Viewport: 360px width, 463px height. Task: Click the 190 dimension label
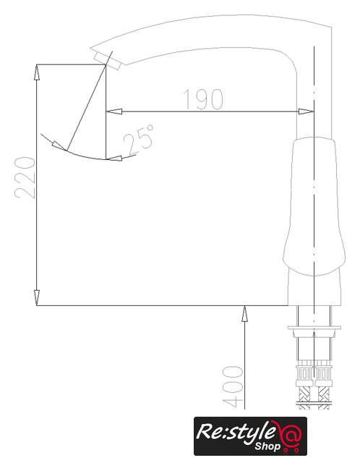[203, 99]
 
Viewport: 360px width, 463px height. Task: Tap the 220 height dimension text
[25, 177]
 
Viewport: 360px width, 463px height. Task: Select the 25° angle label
[139, 140]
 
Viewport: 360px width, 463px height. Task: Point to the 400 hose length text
[233, 386]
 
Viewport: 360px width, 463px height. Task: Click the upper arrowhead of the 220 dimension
[36, 72]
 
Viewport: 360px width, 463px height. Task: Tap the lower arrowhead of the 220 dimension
[36, 297]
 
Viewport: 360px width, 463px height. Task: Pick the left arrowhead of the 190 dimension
[114, 111]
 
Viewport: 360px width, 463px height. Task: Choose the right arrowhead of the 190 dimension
[306, 111]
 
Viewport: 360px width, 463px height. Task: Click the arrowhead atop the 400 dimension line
[244, 313]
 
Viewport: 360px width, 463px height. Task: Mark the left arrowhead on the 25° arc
[59, 145]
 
